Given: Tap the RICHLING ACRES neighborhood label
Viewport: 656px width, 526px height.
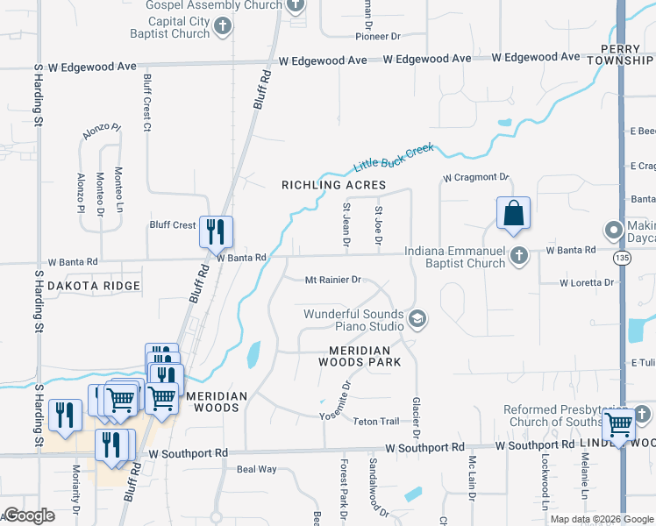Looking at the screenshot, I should coord(333,185).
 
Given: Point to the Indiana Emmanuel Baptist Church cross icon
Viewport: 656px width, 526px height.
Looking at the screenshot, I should coord(519,256).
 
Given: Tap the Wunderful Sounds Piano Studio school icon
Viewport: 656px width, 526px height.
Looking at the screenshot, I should coord(417,318).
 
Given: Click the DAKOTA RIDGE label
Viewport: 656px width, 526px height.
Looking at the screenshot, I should coord(94,286).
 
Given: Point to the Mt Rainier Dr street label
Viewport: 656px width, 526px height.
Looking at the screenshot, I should coord(332,280).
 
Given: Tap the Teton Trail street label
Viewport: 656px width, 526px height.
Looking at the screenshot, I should coord(375,422).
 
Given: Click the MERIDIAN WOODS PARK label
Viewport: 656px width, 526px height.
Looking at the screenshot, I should coord(360,356).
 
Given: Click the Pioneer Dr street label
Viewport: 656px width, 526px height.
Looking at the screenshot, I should coord(377,36).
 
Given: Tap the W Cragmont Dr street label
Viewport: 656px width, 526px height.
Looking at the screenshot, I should coord(475,177).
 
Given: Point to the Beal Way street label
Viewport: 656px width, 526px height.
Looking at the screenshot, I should coord(256,470).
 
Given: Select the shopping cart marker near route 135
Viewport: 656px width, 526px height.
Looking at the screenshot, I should coord(619,423).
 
